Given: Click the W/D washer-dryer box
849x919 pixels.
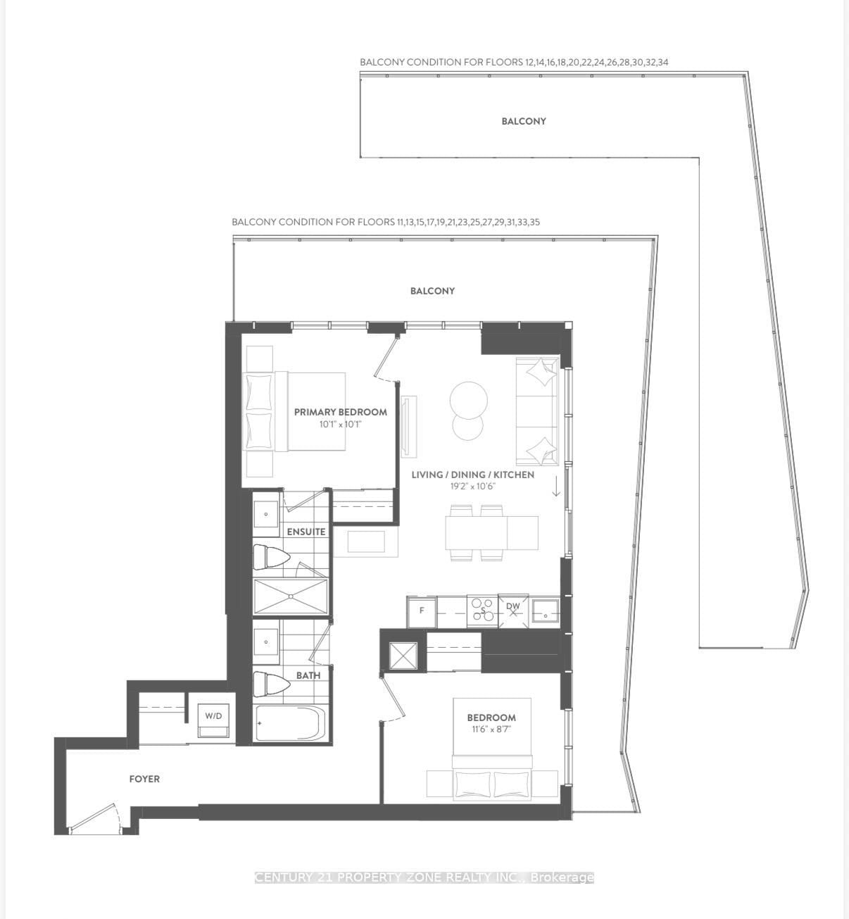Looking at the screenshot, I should [213, 718].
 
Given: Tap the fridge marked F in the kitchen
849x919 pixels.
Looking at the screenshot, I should [422, 610].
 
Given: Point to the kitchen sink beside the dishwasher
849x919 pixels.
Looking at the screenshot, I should [545, 610].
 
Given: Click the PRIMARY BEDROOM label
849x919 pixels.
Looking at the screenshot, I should [340, 412].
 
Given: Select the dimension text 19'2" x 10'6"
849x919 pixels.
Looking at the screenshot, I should [472, 486].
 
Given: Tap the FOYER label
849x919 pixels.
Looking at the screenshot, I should [144, 779].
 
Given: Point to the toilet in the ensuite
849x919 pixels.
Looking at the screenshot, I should [271, 558].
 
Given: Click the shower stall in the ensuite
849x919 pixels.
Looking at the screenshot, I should [290, 596].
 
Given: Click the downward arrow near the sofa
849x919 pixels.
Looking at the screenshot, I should [556, 486].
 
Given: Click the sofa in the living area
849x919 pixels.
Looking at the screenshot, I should [537, 411].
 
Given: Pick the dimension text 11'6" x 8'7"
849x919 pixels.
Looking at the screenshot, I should [491, 730].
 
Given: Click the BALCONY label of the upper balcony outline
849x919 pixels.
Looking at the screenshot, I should [523, 121].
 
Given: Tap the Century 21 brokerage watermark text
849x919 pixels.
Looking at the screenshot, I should [424, 877].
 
